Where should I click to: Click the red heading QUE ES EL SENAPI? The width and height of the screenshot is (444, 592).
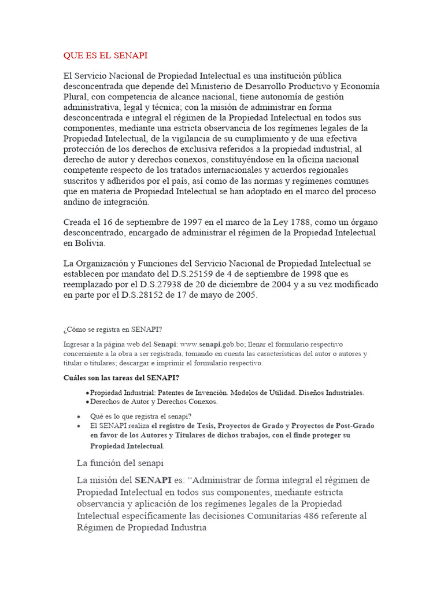(x=105, y=55)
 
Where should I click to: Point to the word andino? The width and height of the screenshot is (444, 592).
(x=77, y=202)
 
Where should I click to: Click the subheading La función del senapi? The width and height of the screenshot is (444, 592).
(x=120, y=463)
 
